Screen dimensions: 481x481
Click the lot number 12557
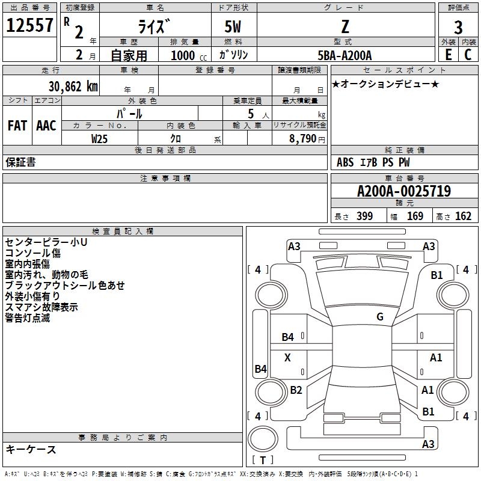(x=29, y=25)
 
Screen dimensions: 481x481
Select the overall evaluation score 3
(x=458, y=28)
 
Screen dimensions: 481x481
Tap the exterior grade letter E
(x=448, y=54)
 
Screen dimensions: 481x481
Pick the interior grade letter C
(x=468, y=54)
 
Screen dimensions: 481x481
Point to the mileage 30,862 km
(x=73, y=86)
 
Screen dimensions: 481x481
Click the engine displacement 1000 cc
(x=188, y=55)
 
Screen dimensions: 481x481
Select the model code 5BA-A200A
(x=345, y=55)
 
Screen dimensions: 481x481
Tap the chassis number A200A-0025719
(x=403, y=192)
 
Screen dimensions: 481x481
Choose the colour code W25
(x=99, y=138)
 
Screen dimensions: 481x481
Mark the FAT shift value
(x=17, y=126)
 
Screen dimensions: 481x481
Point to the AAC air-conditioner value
(x=46, y=126)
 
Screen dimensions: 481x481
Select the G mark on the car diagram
(x=379, y=317)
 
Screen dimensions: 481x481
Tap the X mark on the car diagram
(x=287, y=358)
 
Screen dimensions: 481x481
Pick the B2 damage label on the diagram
(x=296, y=390)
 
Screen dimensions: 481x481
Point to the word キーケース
(x=31, y=450)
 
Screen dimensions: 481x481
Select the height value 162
(x=463, y=216)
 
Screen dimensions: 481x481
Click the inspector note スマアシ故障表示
(x=41, y=307)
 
